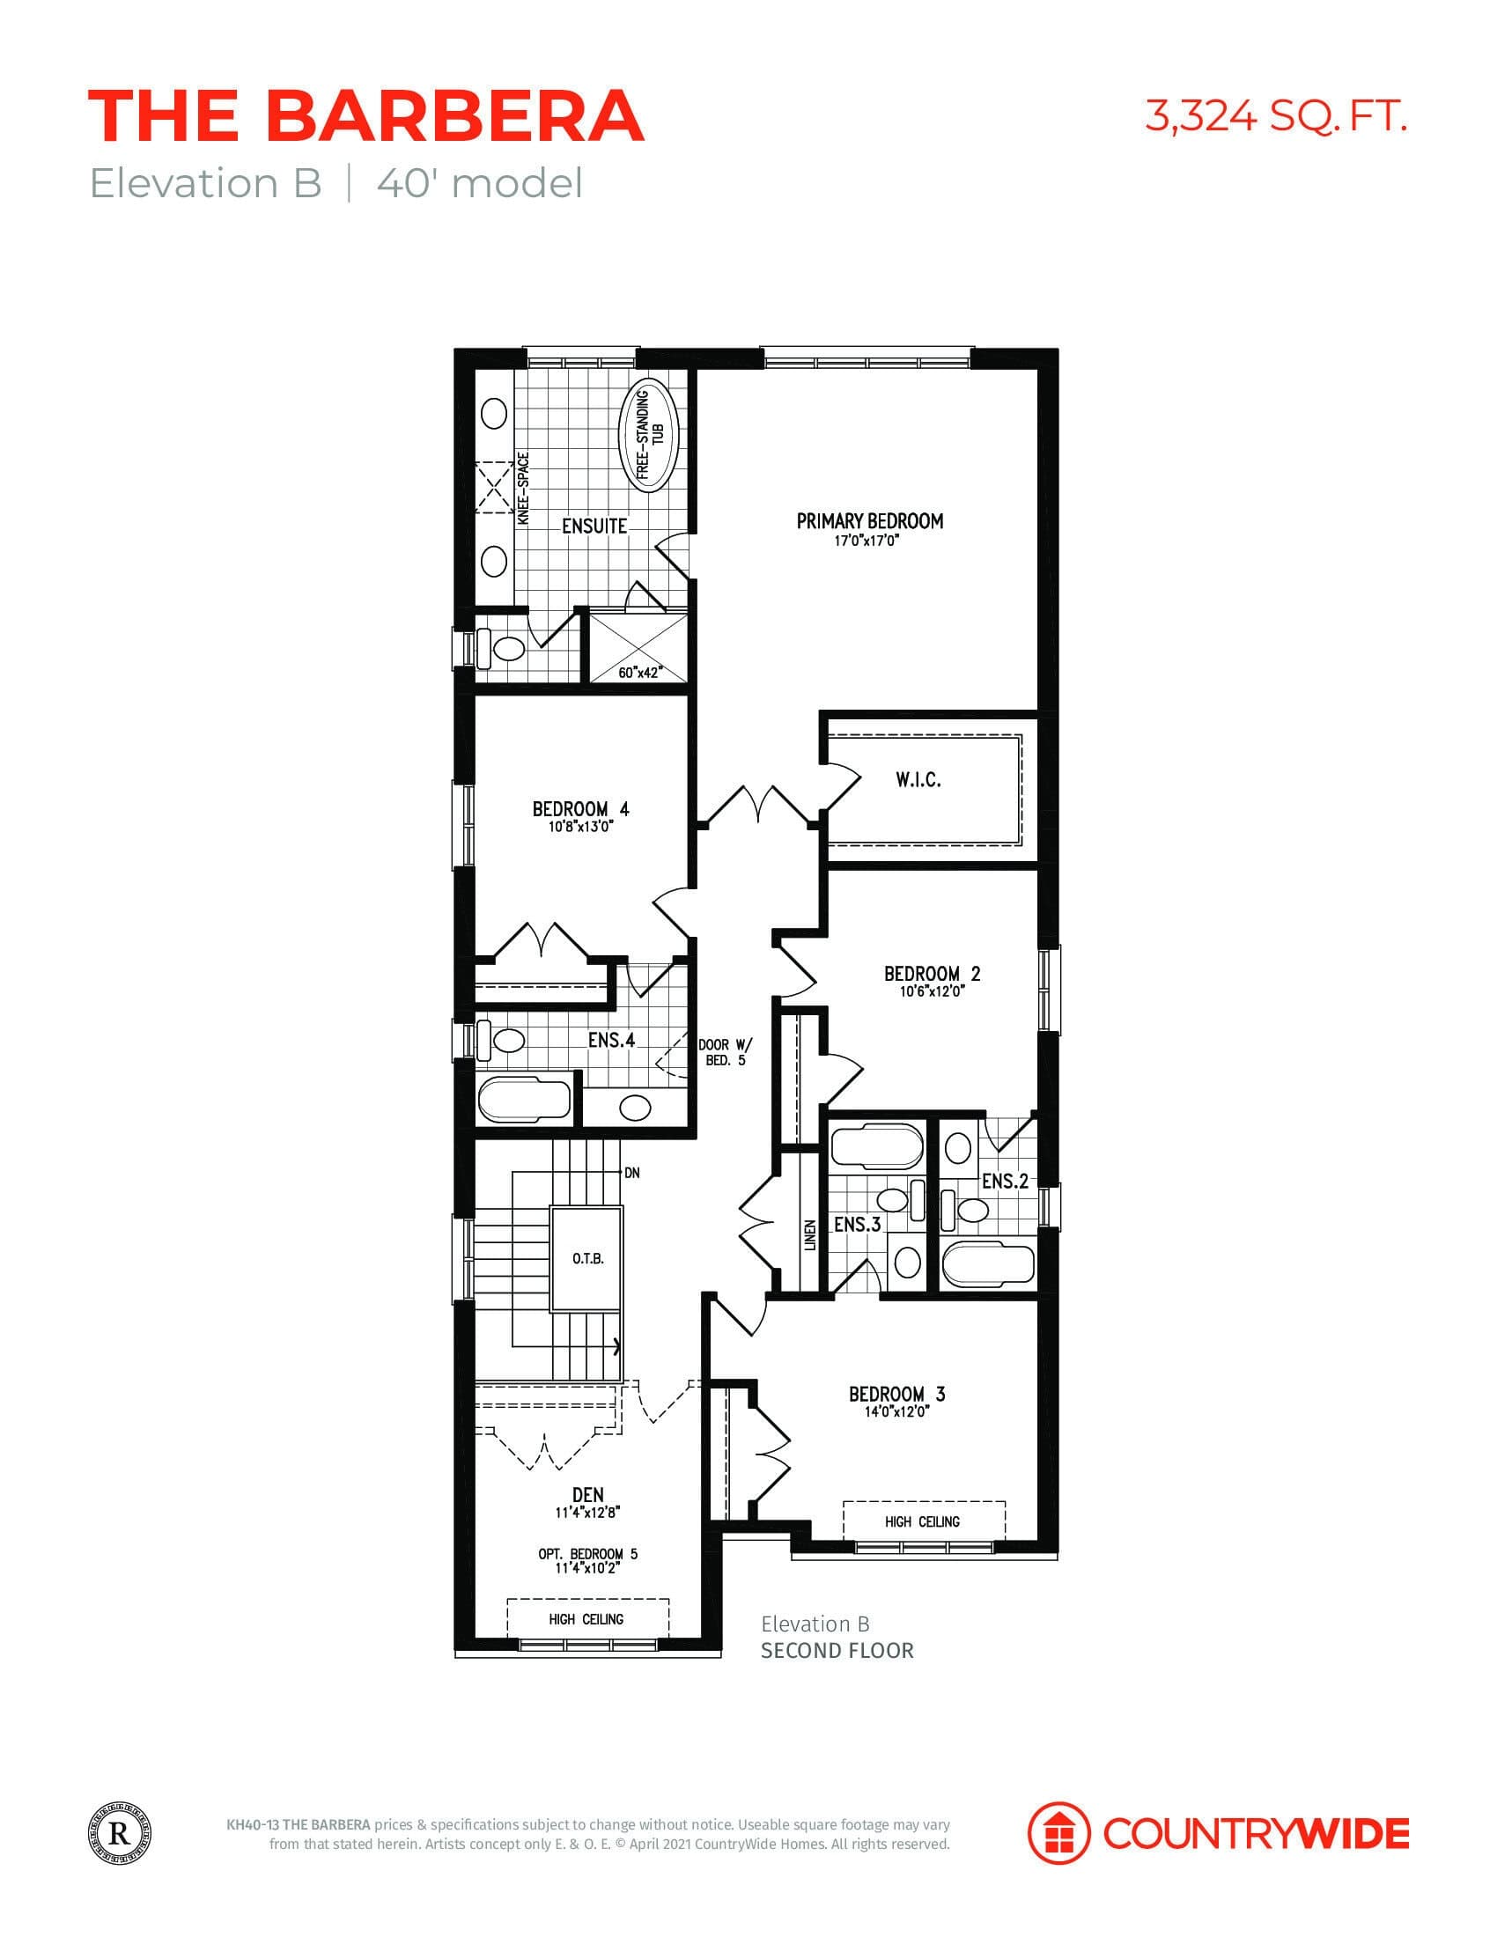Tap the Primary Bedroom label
point(869,521)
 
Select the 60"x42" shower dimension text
point(639,673)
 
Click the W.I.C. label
point(918,779)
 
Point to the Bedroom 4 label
point(581,809)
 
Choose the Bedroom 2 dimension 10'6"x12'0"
point(931,991)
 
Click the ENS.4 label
point(612,1040)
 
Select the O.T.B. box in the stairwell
point(587,1258)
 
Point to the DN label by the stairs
point(631,1173)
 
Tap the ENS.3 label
point(858,1225)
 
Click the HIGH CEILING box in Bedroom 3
point(922,1522)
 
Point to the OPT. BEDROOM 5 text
point(587,1554)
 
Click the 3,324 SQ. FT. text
point(1275,116)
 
